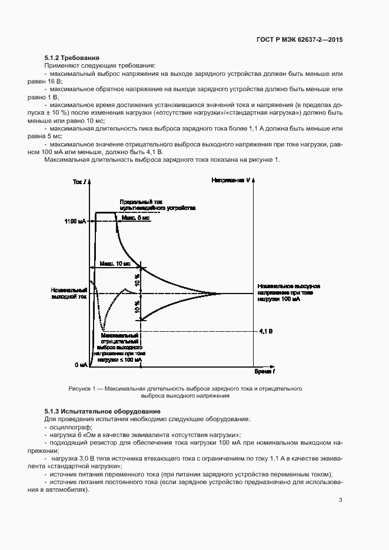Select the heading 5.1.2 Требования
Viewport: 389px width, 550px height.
pyautogui.click(x=71, y=58)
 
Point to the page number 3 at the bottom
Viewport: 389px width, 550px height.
pyautogui.click(x=341, y=500)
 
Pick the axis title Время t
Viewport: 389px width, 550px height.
pyautogui.click(x=264, y=372)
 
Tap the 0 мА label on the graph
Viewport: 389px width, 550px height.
pyautogui.click(x=81, y=365)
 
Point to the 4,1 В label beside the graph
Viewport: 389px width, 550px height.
pyautogui.click(x=265, y=331)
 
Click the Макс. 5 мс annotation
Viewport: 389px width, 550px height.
pyautogui.click(x=135, y=218)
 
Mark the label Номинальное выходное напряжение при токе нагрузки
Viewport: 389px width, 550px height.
pyautogui.click(x=288, y=292)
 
